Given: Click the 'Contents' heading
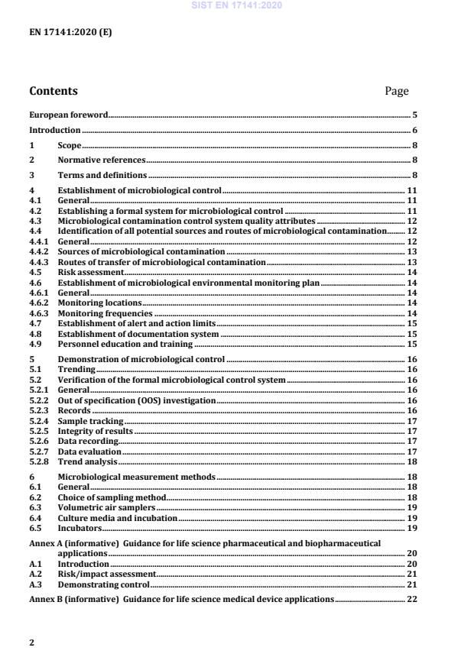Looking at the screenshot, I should [x=54, y=91].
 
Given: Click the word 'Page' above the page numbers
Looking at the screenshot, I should [x=397, y=91].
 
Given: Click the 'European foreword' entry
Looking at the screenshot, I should [x=68, y=115].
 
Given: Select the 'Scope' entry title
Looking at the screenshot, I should [x=69, y=145].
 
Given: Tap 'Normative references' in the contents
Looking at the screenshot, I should [x=101, y=160].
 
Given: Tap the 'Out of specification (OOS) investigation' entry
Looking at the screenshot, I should [x=136, y=400].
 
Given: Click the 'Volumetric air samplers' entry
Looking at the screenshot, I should [x=106, y=507].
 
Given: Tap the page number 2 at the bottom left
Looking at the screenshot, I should [x=31, y=643].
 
